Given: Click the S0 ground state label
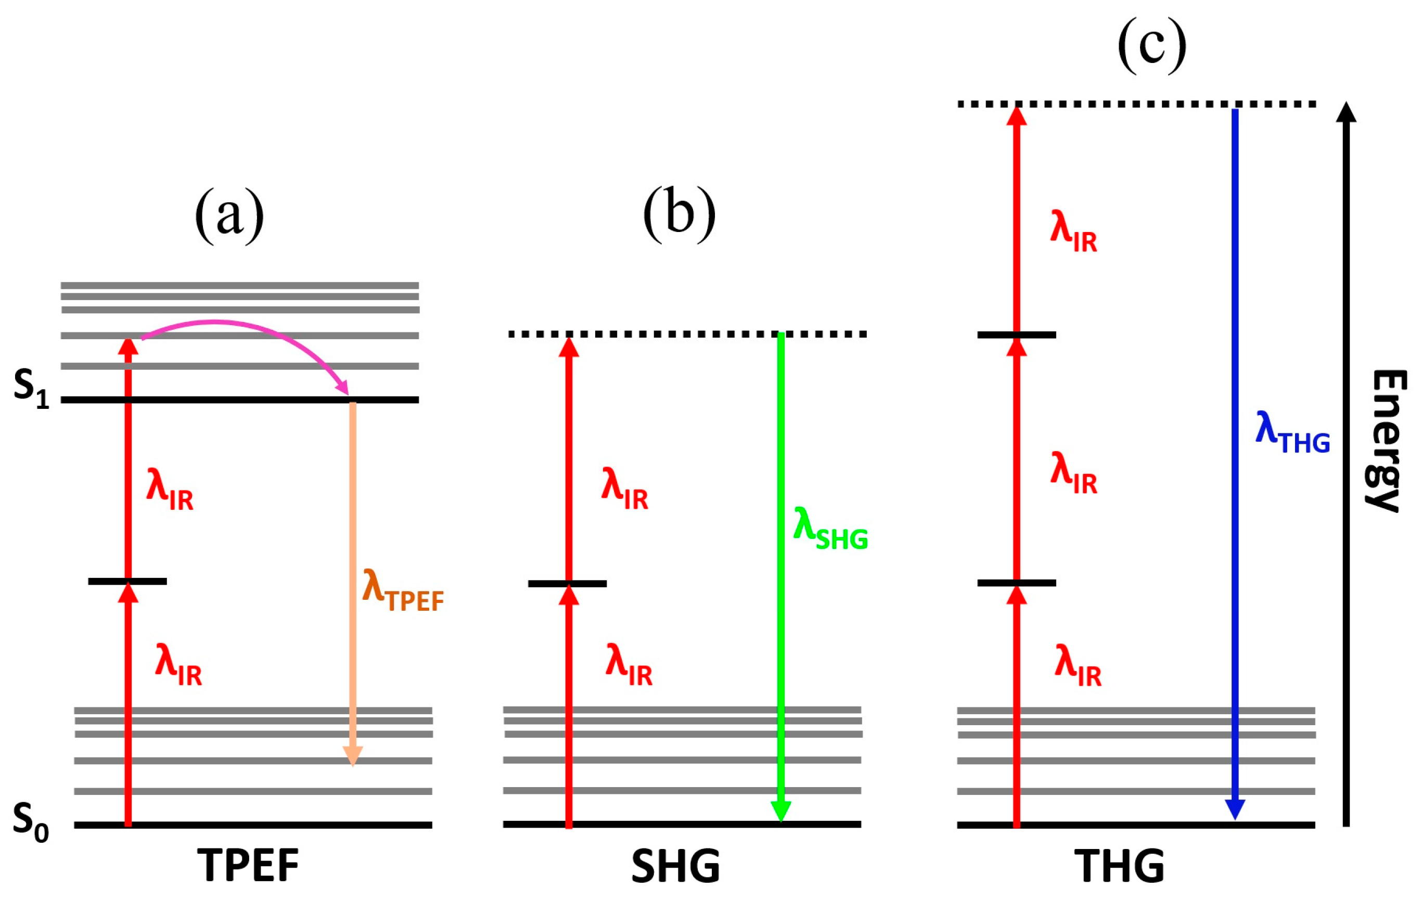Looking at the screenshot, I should (x=31, y=822).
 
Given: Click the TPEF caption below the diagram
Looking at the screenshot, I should (x=248, y=866).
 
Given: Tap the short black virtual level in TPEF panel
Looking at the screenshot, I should (x=127, y=582).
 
